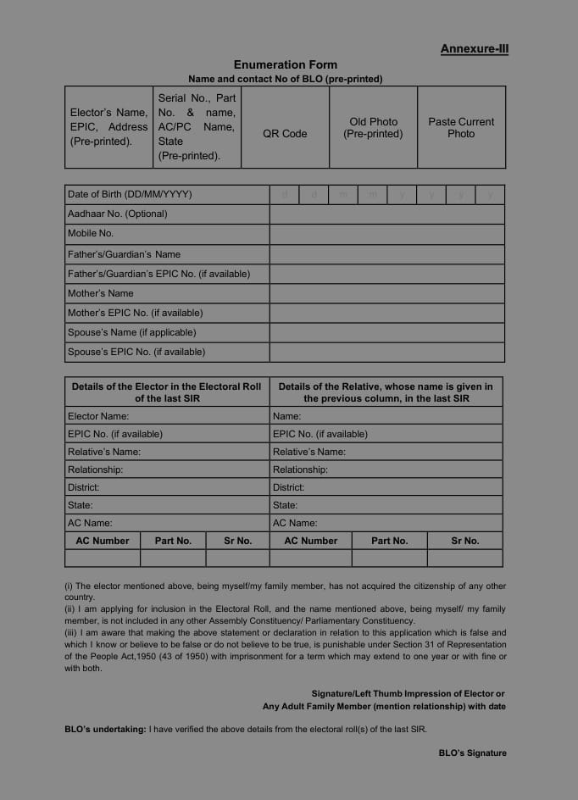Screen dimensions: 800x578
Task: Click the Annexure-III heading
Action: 474,49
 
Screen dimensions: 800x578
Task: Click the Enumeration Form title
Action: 285,64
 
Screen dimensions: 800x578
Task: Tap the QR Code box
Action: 285,134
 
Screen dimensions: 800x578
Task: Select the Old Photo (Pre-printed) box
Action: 373,128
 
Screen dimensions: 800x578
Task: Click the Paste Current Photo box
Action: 461,128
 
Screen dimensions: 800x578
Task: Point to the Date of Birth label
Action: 130,195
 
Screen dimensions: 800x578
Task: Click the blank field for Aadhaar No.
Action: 386,214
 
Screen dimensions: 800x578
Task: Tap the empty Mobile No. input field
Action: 386,234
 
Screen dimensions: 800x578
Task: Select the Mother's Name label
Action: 101,293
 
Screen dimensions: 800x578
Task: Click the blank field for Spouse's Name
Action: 386,332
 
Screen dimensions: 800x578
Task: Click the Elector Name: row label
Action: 98,416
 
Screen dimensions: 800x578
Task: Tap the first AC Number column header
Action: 103,541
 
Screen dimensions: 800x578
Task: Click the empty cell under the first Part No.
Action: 173,558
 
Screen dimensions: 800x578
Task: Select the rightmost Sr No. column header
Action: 464,541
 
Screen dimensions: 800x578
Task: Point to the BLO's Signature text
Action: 472,753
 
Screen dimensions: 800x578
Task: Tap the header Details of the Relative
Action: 386,392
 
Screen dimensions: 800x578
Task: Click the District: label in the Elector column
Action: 84,487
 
